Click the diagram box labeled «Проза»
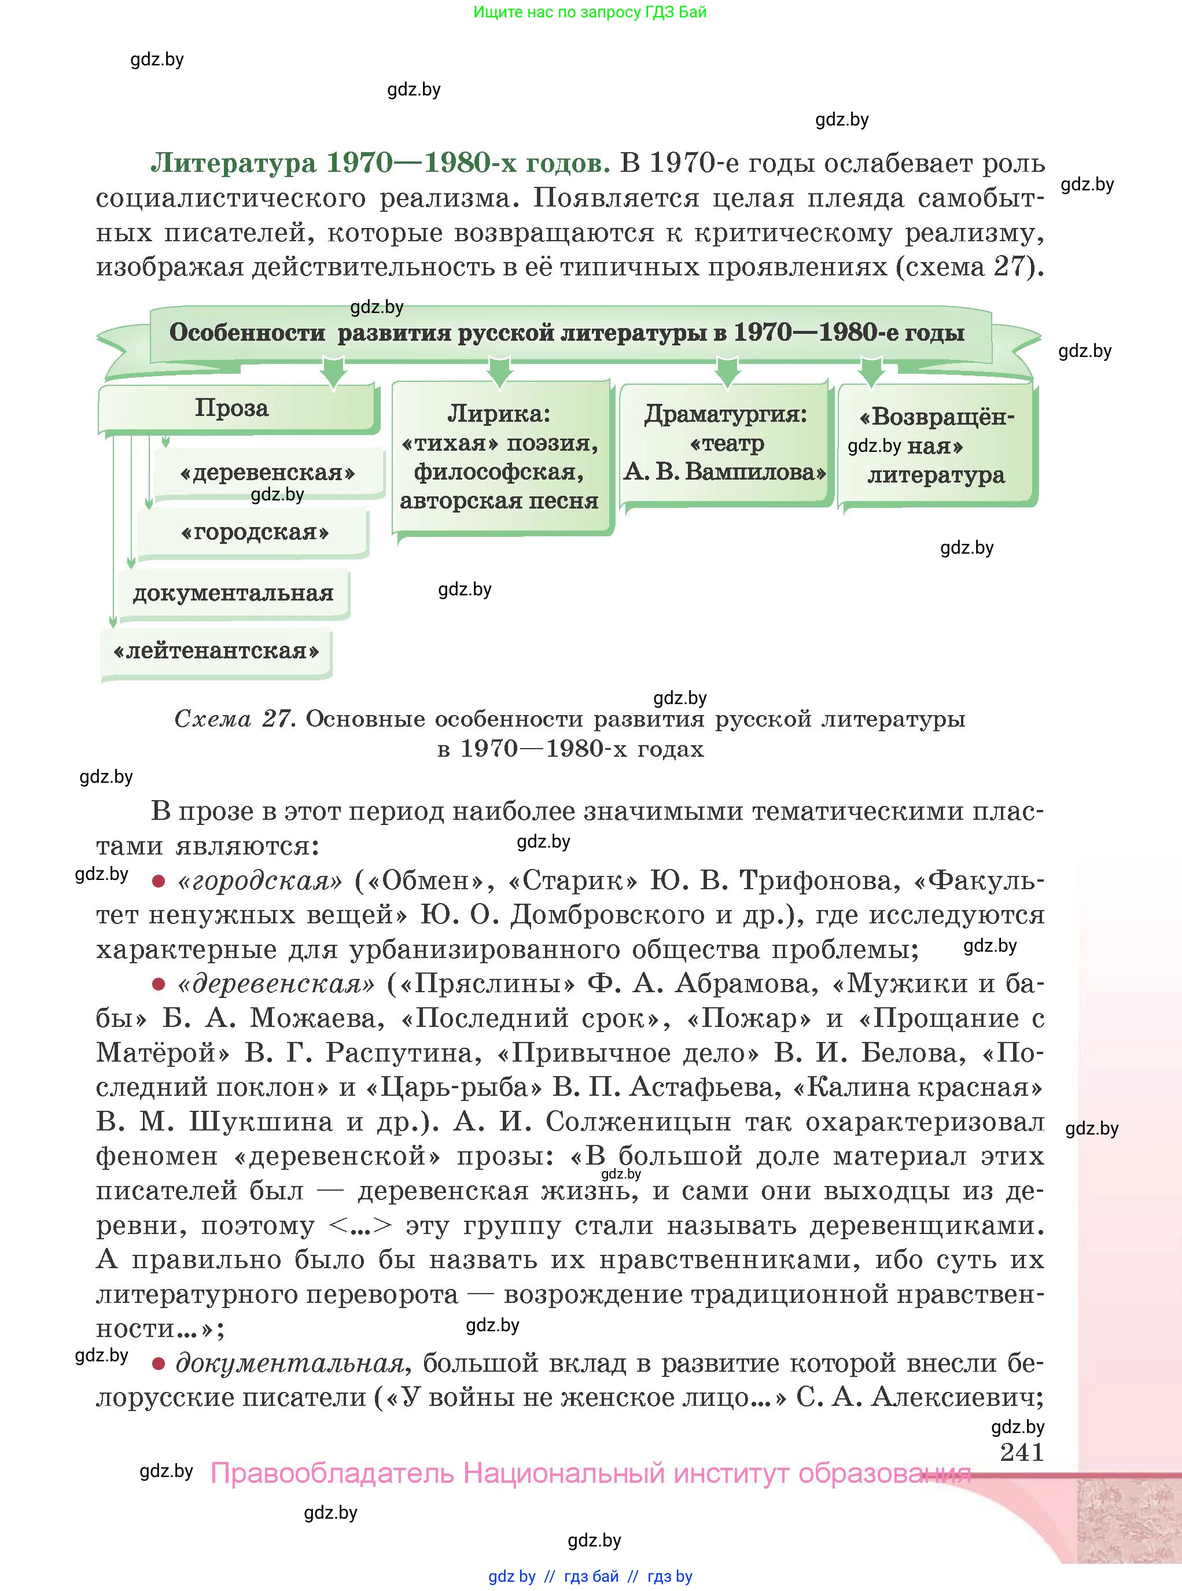(x=236, y=408)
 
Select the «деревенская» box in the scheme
(x=268, y=473)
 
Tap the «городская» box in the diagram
(x=254, y=533)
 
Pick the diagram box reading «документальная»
(x=233, y=594)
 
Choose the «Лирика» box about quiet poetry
(x=499, y=458)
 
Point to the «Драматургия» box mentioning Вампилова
(x=725, y=444)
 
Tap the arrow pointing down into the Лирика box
(x=499, y=373)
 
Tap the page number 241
(x=1022, y=1452)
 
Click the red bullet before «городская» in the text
(x=158, y=881)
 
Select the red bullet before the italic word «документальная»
(x=158, y=1364)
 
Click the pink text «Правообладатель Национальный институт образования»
(x=590, y=1474)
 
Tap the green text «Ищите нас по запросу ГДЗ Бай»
(x=590, y=12)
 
